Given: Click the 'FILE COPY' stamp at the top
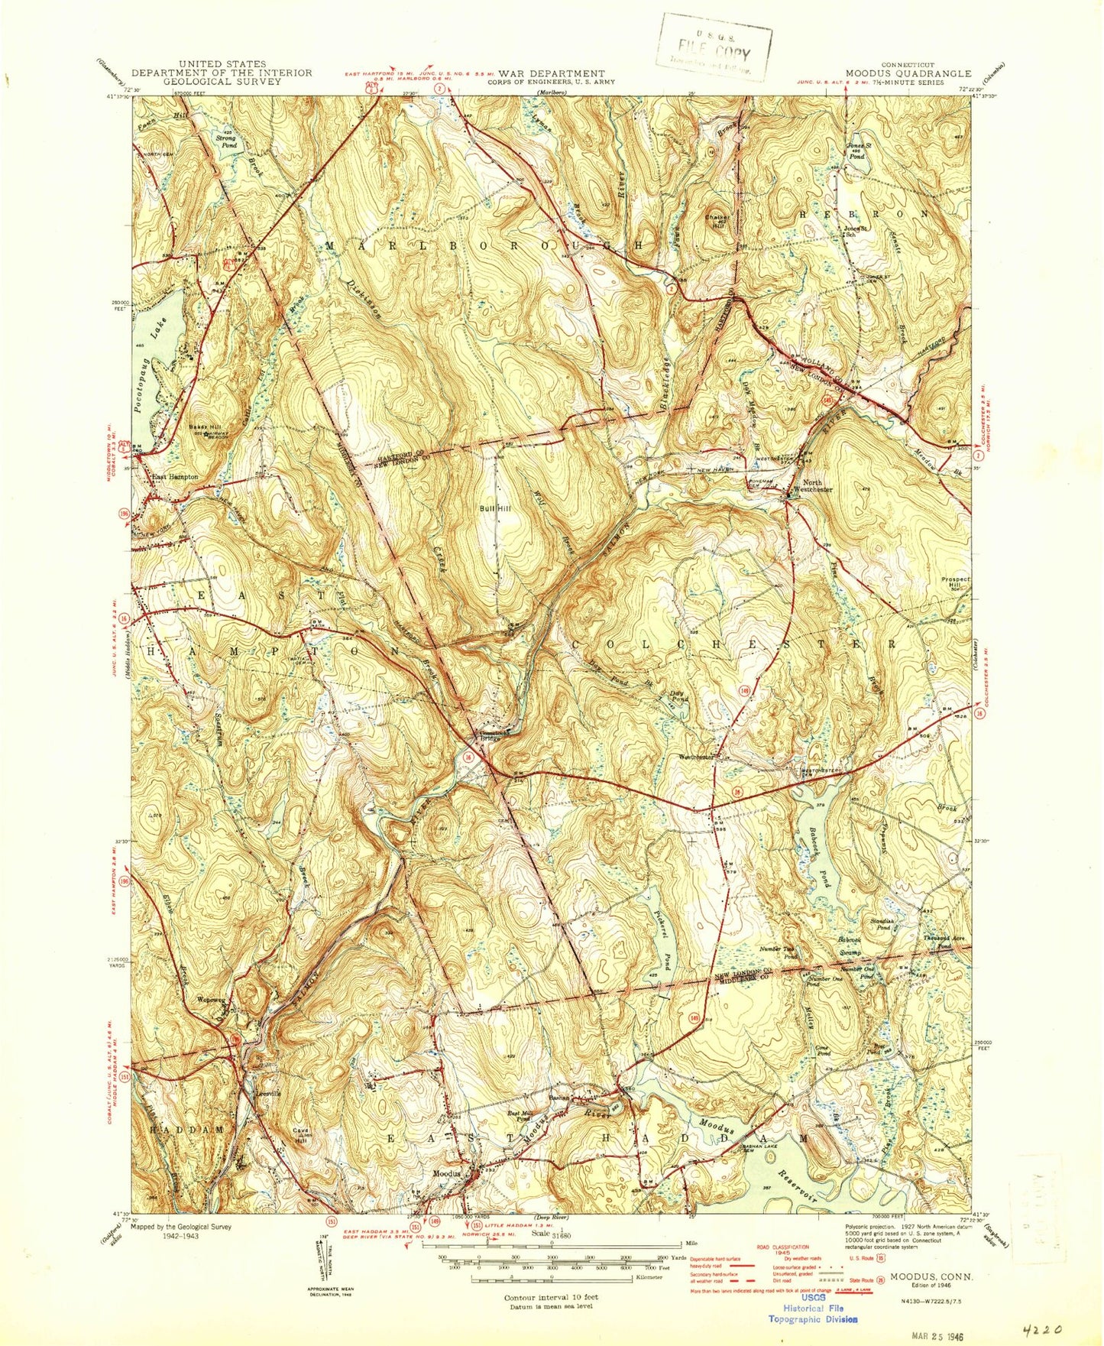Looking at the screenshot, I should (x=714, y=54).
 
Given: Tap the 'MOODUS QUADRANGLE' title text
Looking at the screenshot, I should (x=908, y=74).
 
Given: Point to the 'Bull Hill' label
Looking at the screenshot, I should (x=494, y=508).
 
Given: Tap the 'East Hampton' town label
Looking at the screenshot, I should (x=174, y=476).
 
